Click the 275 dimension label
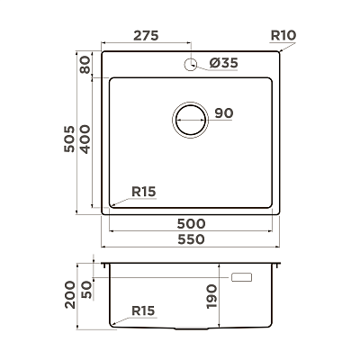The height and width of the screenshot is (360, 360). (x=146, y=36)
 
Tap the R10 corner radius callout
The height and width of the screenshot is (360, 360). (x=283, y=35)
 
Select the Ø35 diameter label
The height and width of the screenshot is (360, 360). (x=223, y=63)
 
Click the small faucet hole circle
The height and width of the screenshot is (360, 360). (x=190, y=64)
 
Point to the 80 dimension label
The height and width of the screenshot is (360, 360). (x=85, y=65)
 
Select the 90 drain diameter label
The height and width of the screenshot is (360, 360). (x=224, y=113)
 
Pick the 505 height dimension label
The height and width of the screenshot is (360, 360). (x=69, y=139)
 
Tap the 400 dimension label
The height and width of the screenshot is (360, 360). (x=85, y=139)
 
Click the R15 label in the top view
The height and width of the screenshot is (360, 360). (x=144, y=192)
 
